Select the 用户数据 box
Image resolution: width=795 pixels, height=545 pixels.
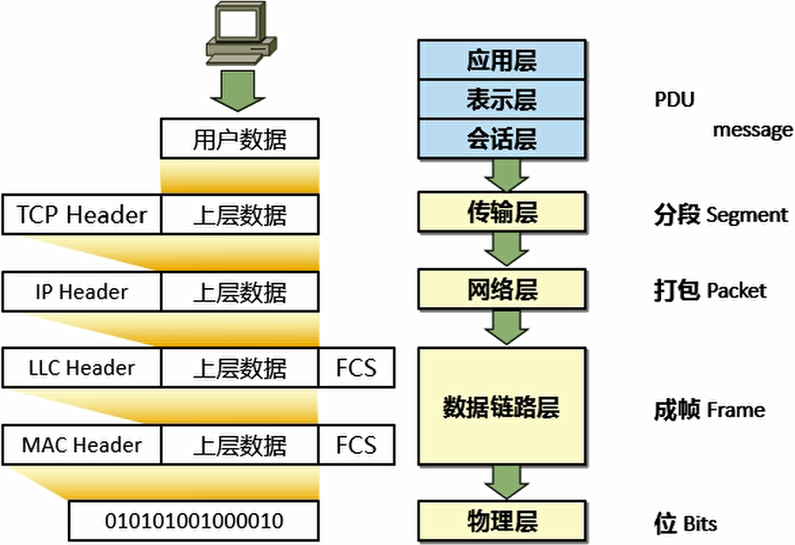click(x=239, y=139)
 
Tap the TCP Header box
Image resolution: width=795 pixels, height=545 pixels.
click(x=82, y=214)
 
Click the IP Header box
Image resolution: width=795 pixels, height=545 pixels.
click(x=82, y=291)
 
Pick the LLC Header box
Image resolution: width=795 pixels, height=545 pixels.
click(x=82, y=368)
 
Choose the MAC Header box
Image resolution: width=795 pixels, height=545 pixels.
click(x=82, y=445)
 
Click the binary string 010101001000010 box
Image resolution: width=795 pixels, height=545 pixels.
click(x=193, y=521)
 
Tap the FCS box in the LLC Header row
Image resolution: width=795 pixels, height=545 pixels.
click(x=356, y=368)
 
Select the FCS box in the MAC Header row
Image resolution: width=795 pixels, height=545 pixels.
click(x=356, y=445)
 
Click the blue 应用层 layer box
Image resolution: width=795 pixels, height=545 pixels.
click(x=502, y=60)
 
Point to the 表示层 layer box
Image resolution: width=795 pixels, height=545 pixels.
click(x=502, y=100)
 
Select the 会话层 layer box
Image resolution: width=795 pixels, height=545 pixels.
click(x=502, y=139)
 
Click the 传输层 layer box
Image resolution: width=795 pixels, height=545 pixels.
click(x=502, y=212)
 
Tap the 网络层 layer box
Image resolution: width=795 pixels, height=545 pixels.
click(x=502, y=289)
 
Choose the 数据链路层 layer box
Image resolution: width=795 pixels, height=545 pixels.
click(x=502, y=407)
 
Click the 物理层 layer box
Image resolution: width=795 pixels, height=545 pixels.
click(x=502, y=521)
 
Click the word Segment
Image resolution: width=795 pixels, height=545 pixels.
click(x=747, y=215)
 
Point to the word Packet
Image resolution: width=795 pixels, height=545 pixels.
click(x=737, y=290)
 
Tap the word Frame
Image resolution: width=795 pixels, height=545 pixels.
click(x=736, y=410)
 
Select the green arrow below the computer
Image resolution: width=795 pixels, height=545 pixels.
click(x=240, y=89)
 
